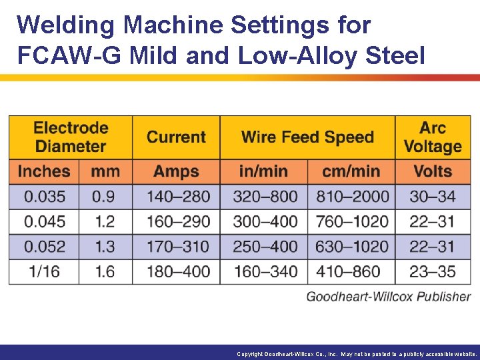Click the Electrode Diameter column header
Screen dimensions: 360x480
coord(71,137)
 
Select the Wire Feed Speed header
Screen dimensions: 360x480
coord(307,137)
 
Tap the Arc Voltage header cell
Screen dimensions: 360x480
coord(433,137)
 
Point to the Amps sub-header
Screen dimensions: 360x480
coord(176,171)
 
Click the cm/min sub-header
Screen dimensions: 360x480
coord(351,171)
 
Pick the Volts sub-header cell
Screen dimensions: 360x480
coord(433,171)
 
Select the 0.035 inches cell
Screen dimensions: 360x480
coord(45,197)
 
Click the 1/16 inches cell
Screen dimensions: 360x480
coord(45,271)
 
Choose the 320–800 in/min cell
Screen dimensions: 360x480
coord(265,197)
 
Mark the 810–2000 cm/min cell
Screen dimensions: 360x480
coord(351,197)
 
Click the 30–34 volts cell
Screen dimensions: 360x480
coord(433,197)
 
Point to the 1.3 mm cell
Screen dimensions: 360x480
coord(105,247)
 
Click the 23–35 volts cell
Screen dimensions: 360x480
coord(433,271)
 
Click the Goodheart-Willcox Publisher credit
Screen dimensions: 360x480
coord(388,297)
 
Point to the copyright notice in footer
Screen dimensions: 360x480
coord(357,354)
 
